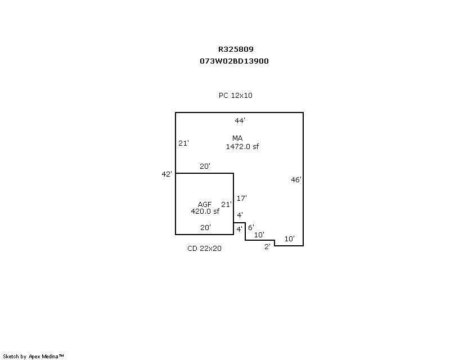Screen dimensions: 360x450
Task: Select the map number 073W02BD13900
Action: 234,61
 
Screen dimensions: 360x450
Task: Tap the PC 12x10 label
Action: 236,96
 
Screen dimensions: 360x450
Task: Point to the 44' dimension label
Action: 240,120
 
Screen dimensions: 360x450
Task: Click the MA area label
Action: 237,138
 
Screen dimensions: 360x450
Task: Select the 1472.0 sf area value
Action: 242,146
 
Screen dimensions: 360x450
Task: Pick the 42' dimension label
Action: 166,174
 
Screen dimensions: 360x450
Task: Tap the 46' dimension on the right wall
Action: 296,180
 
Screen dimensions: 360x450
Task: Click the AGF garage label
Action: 205,204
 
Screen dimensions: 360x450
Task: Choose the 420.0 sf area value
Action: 205,211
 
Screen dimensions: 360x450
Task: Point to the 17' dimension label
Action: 242,198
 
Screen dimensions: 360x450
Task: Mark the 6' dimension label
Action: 251,228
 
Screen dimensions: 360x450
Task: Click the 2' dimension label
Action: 268,246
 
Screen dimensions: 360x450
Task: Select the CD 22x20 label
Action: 204,249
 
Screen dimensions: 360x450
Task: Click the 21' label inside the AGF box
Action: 226,204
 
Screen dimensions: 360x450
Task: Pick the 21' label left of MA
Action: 183,143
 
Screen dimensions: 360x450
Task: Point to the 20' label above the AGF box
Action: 205,166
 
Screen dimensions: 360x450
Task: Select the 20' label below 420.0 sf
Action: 206,228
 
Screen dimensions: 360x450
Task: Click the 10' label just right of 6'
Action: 259,235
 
